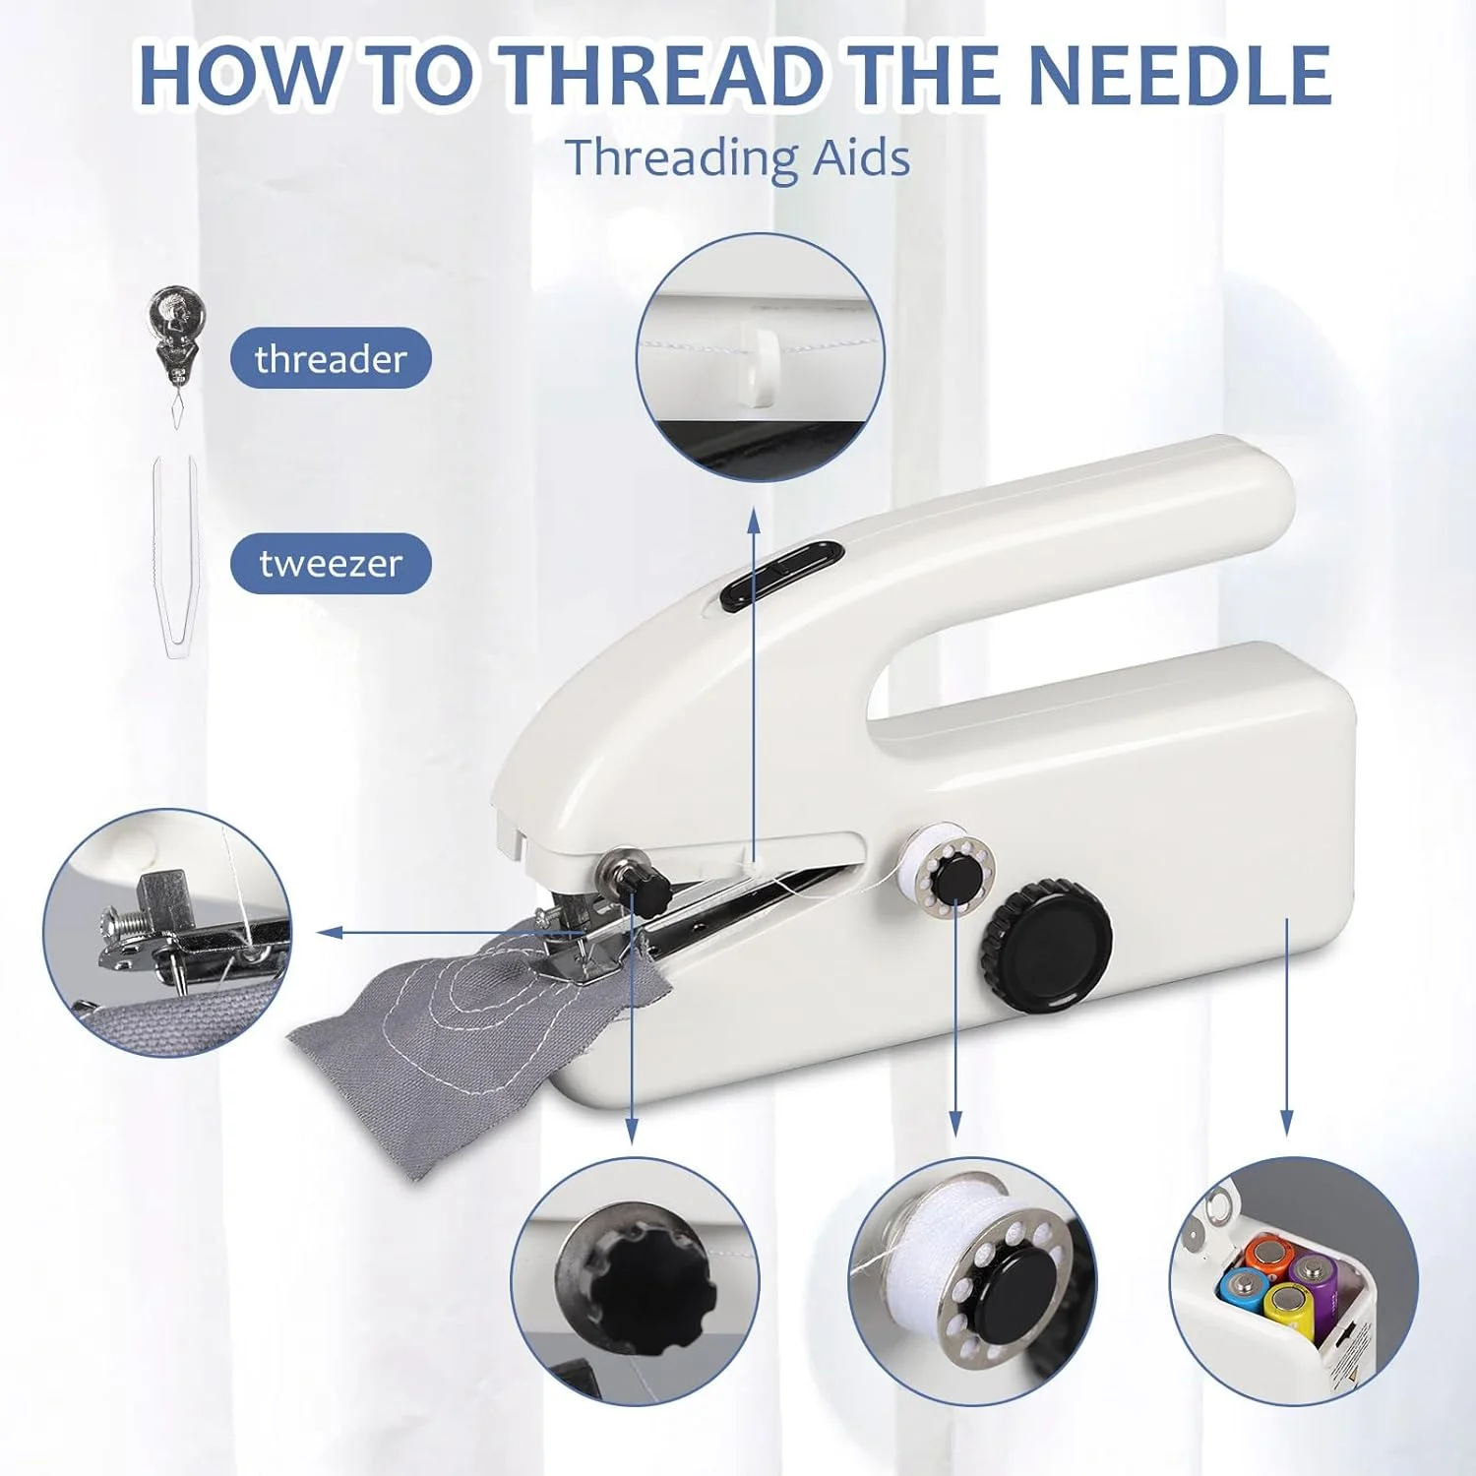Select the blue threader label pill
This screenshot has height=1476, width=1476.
pos(331,358)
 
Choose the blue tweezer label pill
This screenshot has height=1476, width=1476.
pos(331,564)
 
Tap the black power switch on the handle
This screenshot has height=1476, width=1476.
pos(782,577)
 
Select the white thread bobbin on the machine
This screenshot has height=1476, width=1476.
pos(950,869)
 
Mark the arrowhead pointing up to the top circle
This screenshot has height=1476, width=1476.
pos(754,520)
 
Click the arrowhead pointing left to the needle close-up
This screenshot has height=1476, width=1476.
pos(330,932)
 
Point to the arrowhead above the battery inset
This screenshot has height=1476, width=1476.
pos(1287,1125)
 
